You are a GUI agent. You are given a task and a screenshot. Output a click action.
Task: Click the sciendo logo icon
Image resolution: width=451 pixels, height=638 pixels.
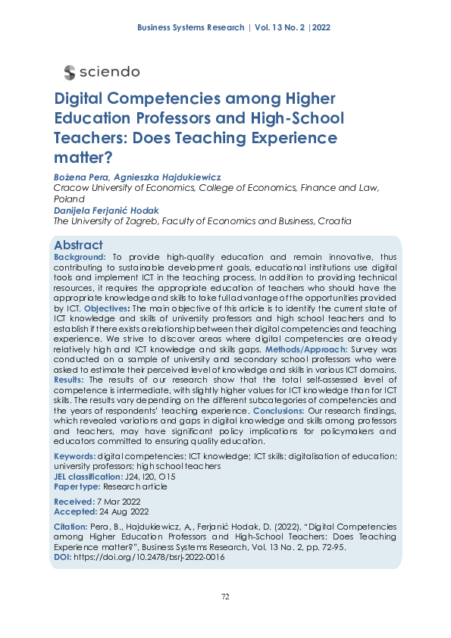click(x=70, y=72)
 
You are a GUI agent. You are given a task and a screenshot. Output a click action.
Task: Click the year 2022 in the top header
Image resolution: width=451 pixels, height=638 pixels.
click(x=319, y=28)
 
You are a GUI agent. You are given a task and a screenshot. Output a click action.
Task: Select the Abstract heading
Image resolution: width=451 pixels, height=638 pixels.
click(x=78, y=246)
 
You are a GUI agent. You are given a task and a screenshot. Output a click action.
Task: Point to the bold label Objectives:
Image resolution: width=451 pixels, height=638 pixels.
click(x=107, y=310)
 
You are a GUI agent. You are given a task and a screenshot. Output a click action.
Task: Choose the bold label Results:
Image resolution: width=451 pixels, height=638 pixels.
click(x=70, y=379)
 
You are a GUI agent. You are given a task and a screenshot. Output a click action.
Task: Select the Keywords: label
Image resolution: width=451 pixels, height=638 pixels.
click(x=74, y=456)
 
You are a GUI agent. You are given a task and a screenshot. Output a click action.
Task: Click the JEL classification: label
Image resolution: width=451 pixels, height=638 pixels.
click(x=87, y=477)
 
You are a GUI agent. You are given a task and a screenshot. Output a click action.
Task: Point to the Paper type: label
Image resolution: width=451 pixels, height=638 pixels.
click(x=77, y=487)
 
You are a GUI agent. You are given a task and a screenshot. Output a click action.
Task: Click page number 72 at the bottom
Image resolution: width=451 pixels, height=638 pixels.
click(x=225, y=597)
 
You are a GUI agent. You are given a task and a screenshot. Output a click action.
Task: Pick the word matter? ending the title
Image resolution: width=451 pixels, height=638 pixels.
click(x=83, y=158)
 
